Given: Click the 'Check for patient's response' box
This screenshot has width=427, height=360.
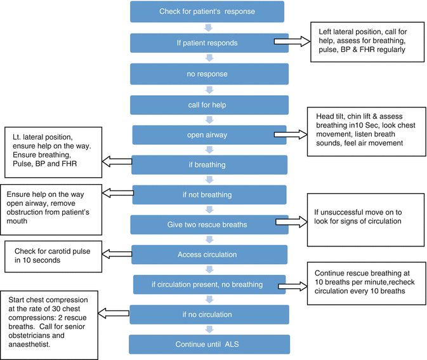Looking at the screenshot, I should click(x=206, y=11).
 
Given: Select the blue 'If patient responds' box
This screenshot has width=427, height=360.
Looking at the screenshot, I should click(x=206, y=43).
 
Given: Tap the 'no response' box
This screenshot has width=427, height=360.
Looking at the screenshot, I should click(x=206, y=74).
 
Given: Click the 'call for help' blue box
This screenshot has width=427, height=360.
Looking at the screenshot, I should click(x=206, y=105).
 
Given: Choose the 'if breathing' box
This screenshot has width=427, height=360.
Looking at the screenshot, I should click(x=206, y=164).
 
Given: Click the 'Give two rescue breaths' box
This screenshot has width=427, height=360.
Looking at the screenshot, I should click(x=206, y=224).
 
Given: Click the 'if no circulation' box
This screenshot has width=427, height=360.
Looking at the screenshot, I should click(x=206, y=314).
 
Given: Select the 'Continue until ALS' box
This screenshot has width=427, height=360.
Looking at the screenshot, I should click(x=206, y=344).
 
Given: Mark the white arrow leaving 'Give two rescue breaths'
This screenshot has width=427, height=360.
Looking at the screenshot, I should click(x=291, y=223).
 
